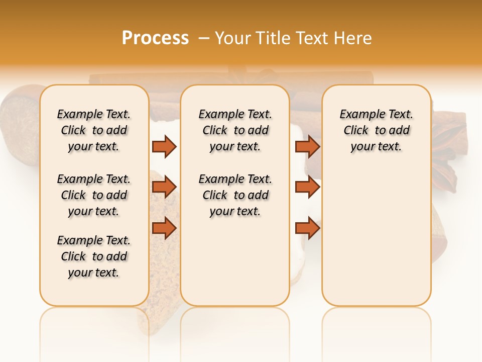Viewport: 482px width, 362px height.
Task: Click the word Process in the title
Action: click(x=155, y=38)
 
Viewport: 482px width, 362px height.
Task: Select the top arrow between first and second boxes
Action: click(x=164, y=146)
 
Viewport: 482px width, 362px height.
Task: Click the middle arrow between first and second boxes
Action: click(x=164, y=187)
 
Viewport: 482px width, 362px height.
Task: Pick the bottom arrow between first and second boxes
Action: click(x=164, y=228)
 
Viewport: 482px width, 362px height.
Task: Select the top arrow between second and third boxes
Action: click(x=307, y=146)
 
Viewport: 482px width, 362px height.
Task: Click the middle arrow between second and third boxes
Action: click(x=307, y=187)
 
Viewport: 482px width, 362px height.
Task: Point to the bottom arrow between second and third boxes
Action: click(x=307, y=228)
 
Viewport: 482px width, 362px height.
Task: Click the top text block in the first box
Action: click(x=94, y=130)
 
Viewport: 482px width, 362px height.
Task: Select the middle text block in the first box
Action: click(x=94, y=195)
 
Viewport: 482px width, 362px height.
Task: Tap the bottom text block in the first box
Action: click(x=94, y=256)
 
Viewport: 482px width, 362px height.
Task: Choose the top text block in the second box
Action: click(x=235, y=130)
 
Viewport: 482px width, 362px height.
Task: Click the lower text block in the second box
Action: click(x=235, y=195)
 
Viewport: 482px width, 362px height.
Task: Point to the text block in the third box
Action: click(x=377, y=130)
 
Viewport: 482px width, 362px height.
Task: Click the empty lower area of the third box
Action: click(x=377, y=236)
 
